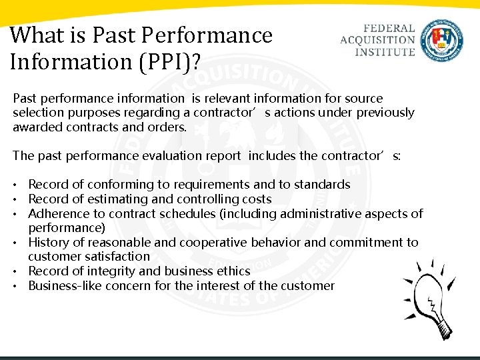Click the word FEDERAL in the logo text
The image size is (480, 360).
389,29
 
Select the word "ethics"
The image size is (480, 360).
232,271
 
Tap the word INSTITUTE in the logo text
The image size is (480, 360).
385,51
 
